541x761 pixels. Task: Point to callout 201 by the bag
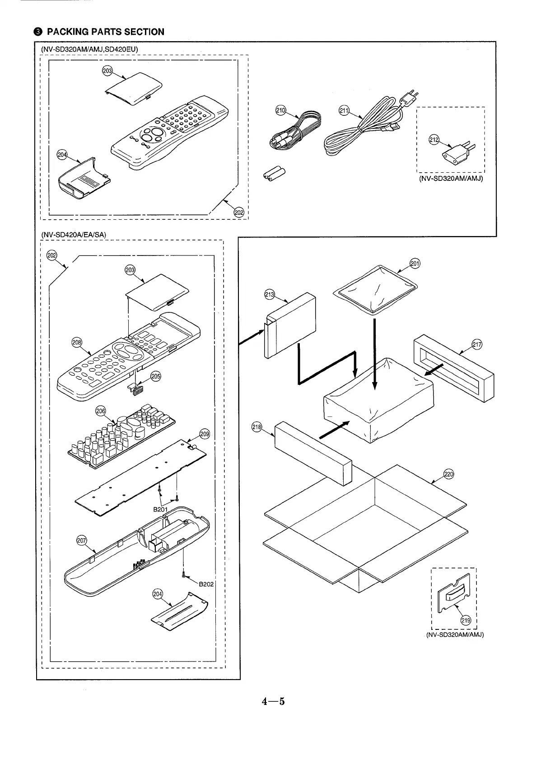tap(415, 264)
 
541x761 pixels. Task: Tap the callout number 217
tap(477, 344)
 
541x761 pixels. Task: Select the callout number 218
tap(257, 428)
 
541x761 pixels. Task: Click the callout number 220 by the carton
tap(448, 474)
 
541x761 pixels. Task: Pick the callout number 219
tap(465, 620)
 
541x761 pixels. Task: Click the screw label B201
tap(160, 510)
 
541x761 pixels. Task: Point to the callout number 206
tap(101, 411)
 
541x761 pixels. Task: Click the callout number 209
tap(205, 435)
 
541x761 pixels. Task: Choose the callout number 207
tap(82, 540)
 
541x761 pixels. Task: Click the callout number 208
tap(77, 342)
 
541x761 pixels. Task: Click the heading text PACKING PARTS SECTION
tap(106, 32)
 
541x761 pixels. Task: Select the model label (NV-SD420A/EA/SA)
tap(73, 234)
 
